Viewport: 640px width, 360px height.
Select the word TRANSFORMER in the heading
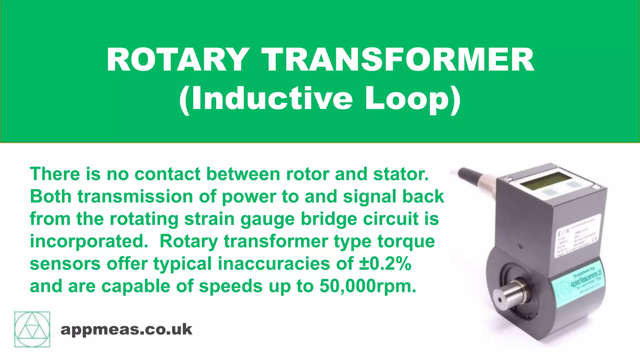pyautogui.click(x=398, y=60)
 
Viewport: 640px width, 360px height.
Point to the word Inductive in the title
pyautogui.click(x=272, y=99)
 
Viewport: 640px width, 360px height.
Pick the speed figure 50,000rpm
pyautogui.click(x=368, y=286)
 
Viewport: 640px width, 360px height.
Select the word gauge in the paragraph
pyautogui.click(x=267, y=219)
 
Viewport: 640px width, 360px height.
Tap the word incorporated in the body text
pyautogui.click(x=89, y=242)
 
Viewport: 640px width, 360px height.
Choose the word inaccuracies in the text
pyautogui.click(x=274, y=264)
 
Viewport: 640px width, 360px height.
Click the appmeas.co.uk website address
pyautogui.click(x=126, y=330)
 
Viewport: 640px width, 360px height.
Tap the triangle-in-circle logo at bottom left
pyautogui.click(x=32, y=329)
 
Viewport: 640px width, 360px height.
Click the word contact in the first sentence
pyautogui.click(x=167, y=174)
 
